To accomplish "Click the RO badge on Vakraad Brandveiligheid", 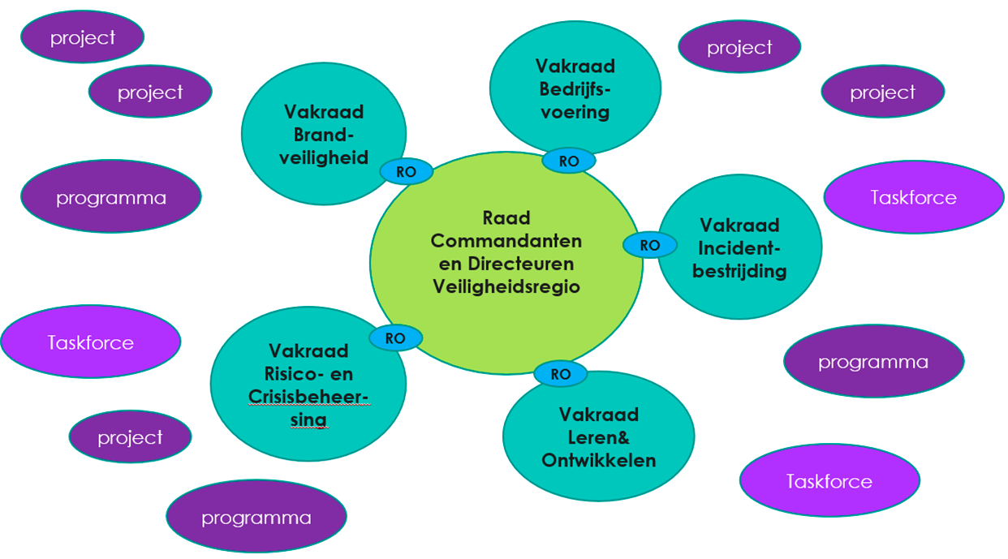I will [407, 172].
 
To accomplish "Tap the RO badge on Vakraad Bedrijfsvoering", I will [569, 161].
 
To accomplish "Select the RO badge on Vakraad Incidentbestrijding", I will [649, 244].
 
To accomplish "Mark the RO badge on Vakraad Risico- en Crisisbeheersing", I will [395, 338].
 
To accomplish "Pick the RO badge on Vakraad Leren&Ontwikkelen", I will [561, 374].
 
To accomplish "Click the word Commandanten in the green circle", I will [506, 241].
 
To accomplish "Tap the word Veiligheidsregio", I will [506, 286].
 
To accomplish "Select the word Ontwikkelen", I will [598, 460].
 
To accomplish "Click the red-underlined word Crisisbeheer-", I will [308, 397].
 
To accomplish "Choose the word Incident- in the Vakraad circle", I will [739, 247].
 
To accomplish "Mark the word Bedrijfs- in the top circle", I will [575, 88].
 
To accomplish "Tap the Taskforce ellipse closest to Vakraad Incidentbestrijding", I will [913, 197].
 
